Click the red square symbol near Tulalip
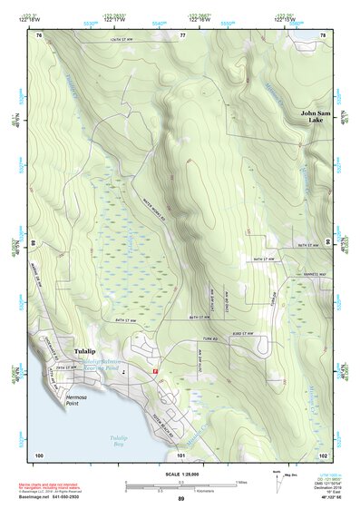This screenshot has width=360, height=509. point(155,371)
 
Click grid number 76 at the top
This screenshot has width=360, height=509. point(39,35)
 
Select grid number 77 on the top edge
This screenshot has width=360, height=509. point(182,35)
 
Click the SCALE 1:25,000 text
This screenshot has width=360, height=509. point(180,473)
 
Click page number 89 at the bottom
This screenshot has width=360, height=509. point(180,499)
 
